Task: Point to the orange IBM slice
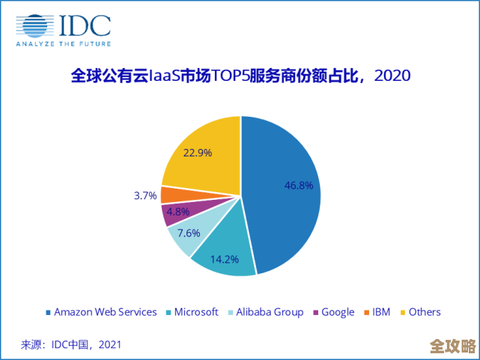click(x=170, y=194)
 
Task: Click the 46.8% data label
click(x=299, y=186)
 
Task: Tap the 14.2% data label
click(x=225, y=260)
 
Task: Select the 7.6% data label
click(x=189, y=233)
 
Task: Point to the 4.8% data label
click(x=178, y=212)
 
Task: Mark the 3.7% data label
click(x=145, y=195)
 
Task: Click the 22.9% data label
click(x=198, y=152)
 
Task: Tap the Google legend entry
click(x=333, y=312)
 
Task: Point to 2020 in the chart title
click(x=392, y=76)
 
